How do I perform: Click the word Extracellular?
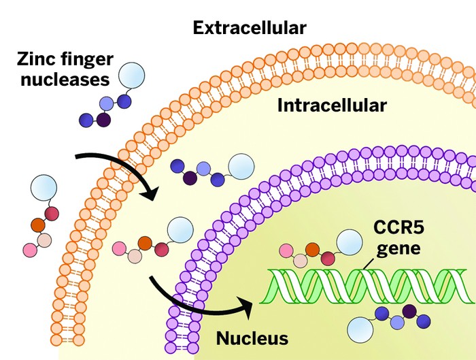[249, 28]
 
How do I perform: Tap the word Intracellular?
[332, 105]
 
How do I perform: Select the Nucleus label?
[253, 338]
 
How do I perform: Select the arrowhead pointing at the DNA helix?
[245, 304]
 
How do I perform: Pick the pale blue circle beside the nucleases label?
[131, 74]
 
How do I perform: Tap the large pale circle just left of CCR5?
[349, 242]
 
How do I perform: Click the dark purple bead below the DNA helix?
[409, 312]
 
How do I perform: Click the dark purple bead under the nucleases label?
[103, 120]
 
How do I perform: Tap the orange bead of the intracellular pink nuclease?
[145, 242]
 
